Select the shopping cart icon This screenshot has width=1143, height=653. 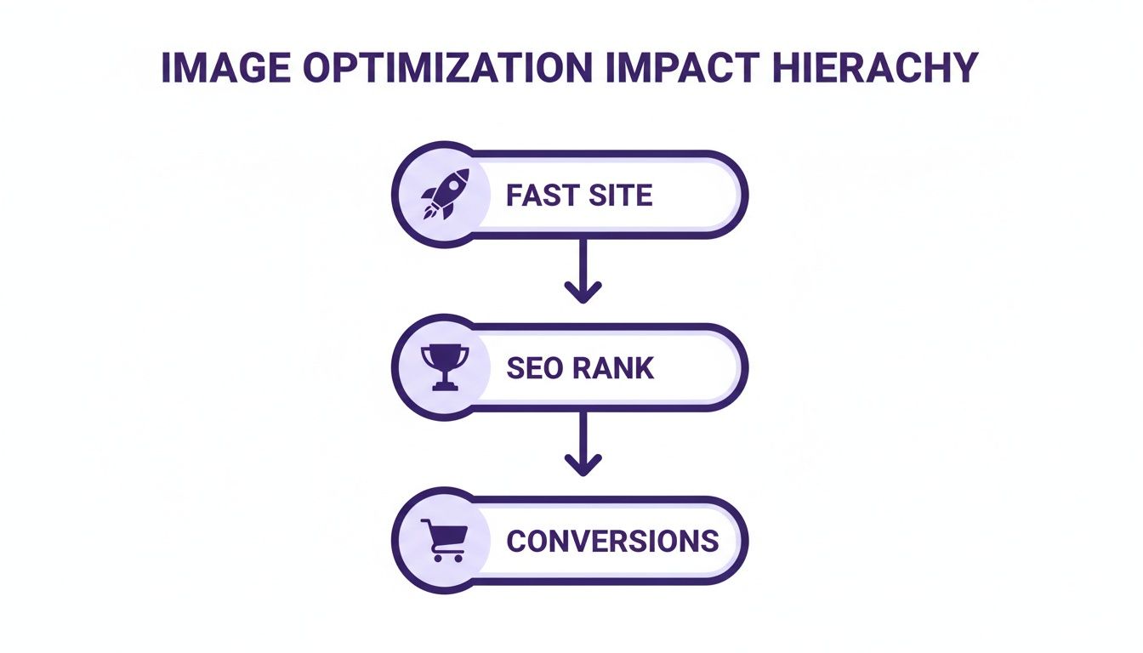click(444, 541)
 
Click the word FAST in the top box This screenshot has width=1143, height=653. click(540, 196)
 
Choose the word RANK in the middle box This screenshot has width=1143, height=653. click(612, 368)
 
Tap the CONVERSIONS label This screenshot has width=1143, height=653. click(612, 541)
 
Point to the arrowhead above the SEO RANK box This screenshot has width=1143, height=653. click(583, 293)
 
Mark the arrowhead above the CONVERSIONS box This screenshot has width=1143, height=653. click(583, 466)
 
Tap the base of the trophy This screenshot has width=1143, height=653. click(445, 386)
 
